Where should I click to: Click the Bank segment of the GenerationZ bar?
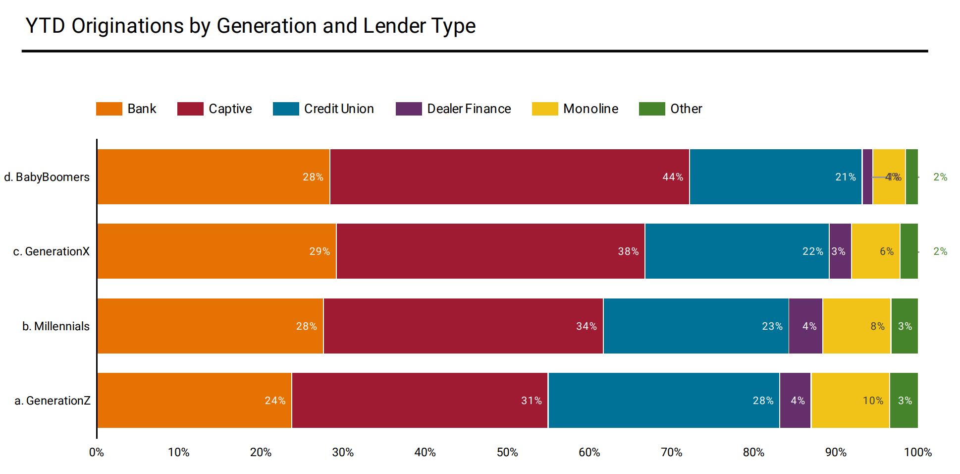click(x=194, y=400)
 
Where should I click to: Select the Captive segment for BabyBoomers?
click(x=509, y=177)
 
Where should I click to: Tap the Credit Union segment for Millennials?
click(x=695, y=326)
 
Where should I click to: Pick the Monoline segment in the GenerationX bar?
click(x=875, y=251)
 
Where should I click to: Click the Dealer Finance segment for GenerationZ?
click(x=795, y=400)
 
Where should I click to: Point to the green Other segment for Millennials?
click(x=904, y=326)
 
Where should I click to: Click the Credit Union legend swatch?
click(x=286, y=109)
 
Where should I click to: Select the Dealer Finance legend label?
click(x=469, y=109)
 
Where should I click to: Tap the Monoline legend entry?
click(x=590, y=109)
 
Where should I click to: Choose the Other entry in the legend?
click(x=686, y=109)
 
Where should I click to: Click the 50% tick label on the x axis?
click(x=507, y=452)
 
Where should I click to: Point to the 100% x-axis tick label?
click(x=917, y=452)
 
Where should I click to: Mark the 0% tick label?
click(x=97, y=452)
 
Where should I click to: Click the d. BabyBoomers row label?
click(x=47, y=177)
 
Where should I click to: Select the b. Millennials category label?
click(x=55, y=326)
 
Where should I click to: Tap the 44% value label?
click(x=672, y=177)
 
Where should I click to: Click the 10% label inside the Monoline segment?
click(x=873, y=401)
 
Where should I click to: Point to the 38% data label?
click(x=628, y=251)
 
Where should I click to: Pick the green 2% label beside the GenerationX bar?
click(x=940, y=251)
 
